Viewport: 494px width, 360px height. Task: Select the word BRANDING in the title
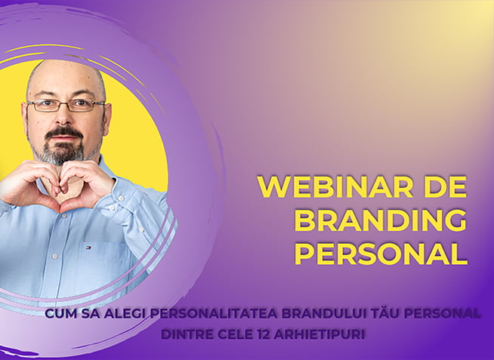tap(380, 220)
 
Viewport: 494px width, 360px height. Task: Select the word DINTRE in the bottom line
tap(187, 333)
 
